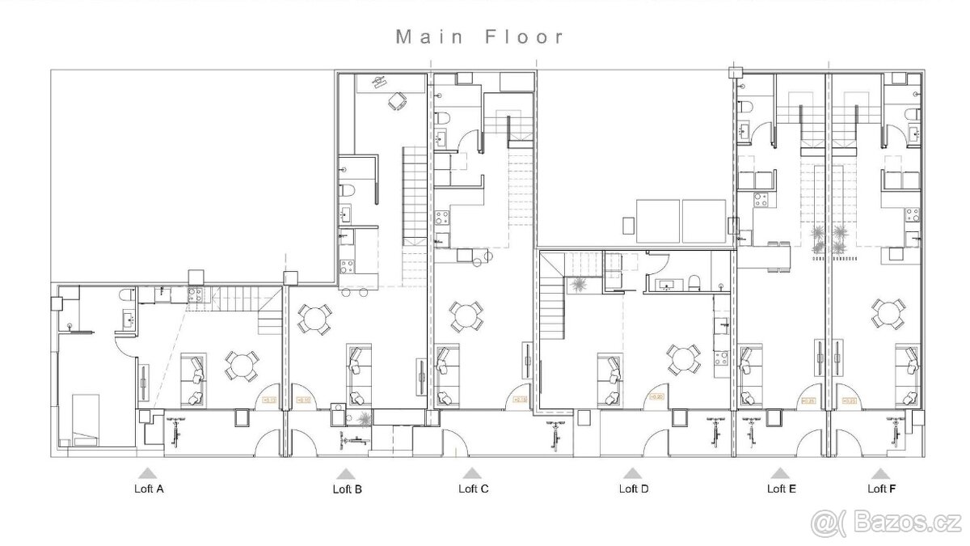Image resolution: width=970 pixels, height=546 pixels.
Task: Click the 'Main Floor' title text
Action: tap(479, 37)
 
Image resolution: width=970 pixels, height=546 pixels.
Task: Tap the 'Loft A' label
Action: tap(148, 489)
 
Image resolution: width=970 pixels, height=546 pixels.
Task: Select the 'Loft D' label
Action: tap(634, 489)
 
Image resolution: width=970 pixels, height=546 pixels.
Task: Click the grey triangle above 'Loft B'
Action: tap(346, 475)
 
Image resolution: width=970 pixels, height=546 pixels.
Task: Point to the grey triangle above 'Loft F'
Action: tap(881, 475)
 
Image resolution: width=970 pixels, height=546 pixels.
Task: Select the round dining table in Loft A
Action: tap(240, 366)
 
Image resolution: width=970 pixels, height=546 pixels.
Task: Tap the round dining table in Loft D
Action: tap(684, 358)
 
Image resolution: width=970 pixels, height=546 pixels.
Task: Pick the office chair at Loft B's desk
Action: tap(396, 102)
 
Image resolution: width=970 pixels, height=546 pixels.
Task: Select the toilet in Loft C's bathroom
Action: tap(442, 121)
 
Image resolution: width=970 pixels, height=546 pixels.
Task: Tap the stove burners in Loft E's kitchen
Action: tap(759, 199)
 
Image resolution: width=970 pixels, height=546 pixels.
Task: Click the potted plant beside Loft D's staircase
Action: tap(579, 285)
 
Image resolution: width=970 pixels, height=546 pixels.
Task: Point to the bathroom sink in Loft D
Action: tap(669, 284)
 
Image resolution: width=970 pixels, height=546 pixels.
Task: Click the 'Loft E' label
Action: tap(781, 489)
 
